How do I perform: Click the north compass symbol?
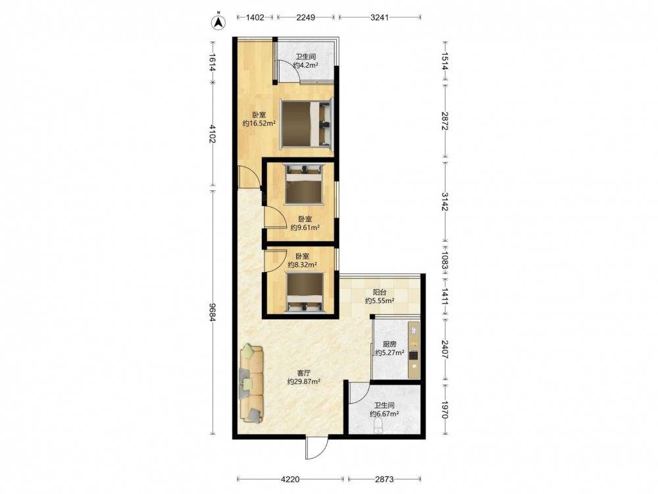pyautogui.click(x=218, y=22)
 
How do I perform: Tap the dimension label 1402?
pyautogui.click(x=255, y=17)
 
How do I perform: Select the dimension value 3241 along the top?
pyautogui.click(x=380, y=17)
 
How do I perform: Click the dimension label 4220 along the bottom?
pyautogui.click(x=290, y=480)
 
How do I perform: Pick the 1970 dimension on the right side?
pyautogui.click(x=445, y=409)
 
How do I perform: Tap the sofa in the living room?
pyautogui.click(x=251, y=383)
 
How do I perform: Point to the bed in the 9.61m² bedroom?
pyautogui.click(x=304, y=184)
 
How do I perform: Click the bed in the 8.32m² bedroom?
pyautogui.click(x=305, y=292)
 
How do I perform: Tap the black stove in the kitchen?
pyautogui.click(x=414, y=356)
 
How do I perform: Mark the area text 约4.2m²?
pyautogui.click(x=305, y=65)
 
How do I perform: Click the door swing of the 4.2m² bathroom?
pyautogui.click(x=289, y=71)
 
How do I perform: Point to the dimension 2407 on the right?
pyautogui.click(x=445, y=348)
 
